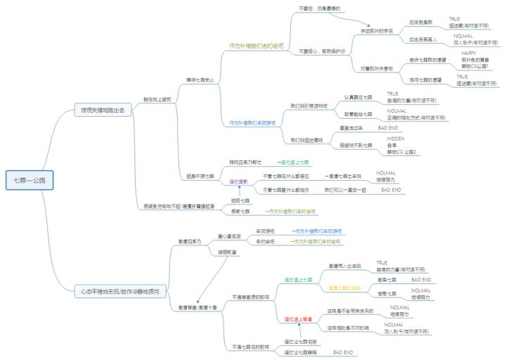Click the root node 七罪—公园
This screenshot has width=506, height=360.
pyautogui.click(x=29, y=181)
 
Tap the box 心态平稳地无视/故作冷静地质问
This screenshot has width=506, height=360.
pyautogui.click(x=120, y=290)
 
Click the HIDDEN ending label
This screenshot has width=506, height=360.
pyautogui.click(x=396, y=139)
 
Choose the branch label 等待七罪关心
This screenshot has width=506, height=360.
pyautogui.click(x=201, y=79)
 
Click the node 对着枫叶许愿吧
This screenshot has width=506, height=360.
pyautogui.click(x=377, y=68)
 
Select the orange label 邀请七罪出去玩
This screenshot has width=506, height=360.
pyautogui.click(x=344, y=288)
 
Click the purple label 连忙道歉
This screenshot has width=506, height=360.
pyautogui.click(x=240, y=181)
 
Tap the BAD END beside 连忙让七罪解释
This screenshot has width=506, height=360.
pyautogui.click(x=342, y=352)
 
